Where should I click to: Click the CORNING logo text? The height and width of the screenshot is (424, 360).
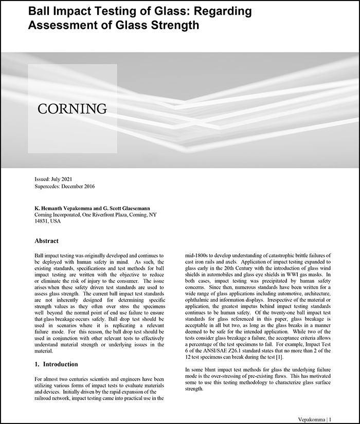[x=72, y=108]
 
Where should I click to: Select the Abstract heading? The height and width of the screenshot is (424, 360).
[x=46, y=241]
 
